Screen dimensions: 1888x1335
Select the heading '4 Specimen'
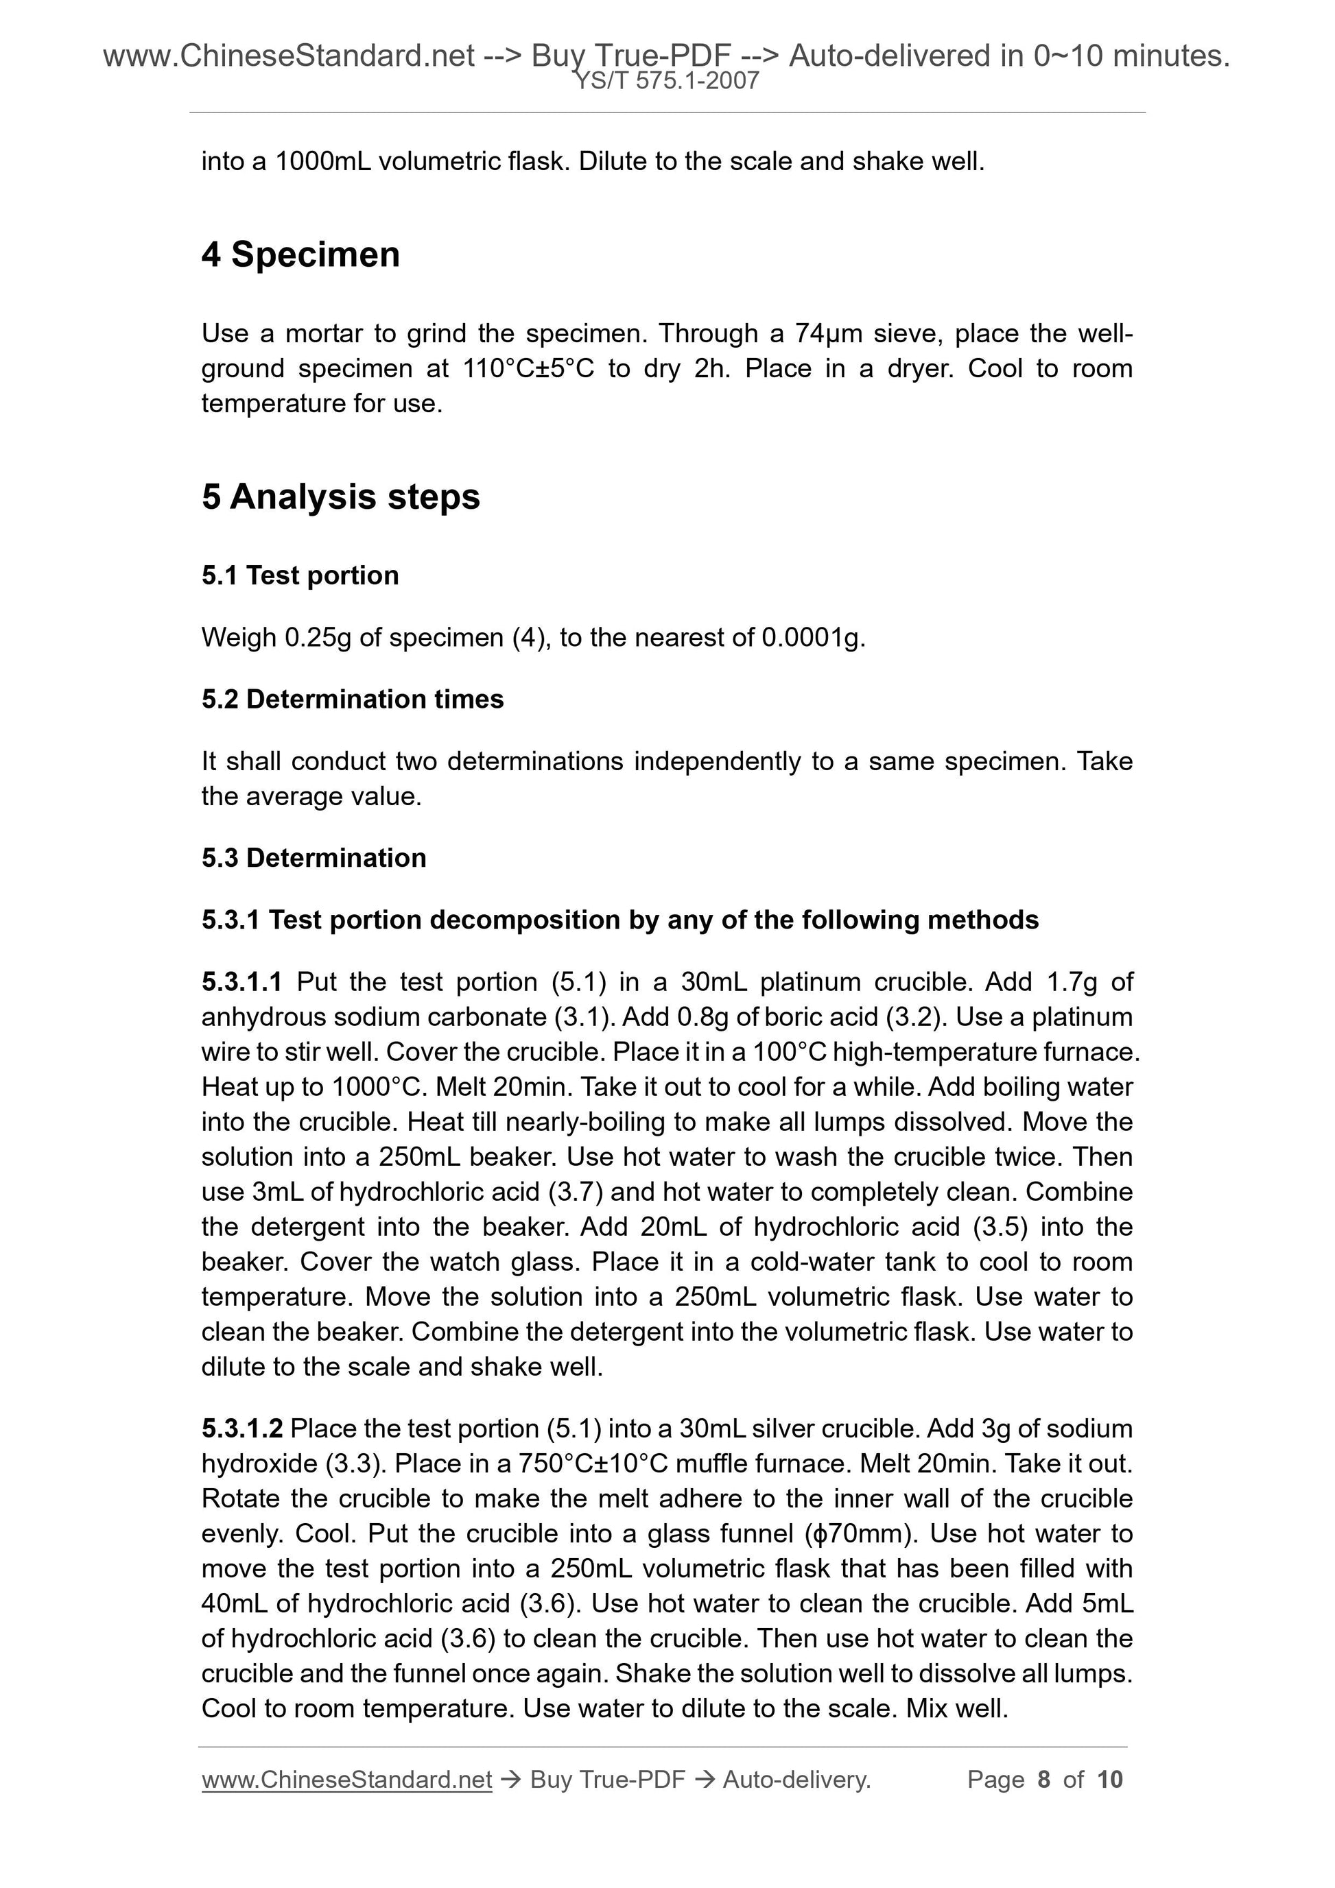pos(300,255)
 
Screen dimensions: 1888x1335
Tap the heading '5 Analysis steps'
pos(340,497)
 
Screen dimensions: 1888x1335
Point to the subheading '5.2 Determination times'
pos(352,699)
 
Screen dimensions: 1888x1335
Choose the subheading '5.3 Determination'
pos(314,858)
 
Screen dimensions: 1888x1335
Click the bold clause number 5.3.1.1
pos(242,982)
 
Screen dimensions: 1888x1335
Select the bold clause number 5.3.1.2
pos(242,1429)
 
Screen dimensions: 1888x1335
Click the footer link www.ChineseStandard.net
pos(346,1780)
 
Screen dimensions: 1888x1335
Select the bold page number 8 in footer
pos(1044,1780)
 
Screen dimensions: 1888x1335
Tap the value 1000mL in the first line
pos(322,162)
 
